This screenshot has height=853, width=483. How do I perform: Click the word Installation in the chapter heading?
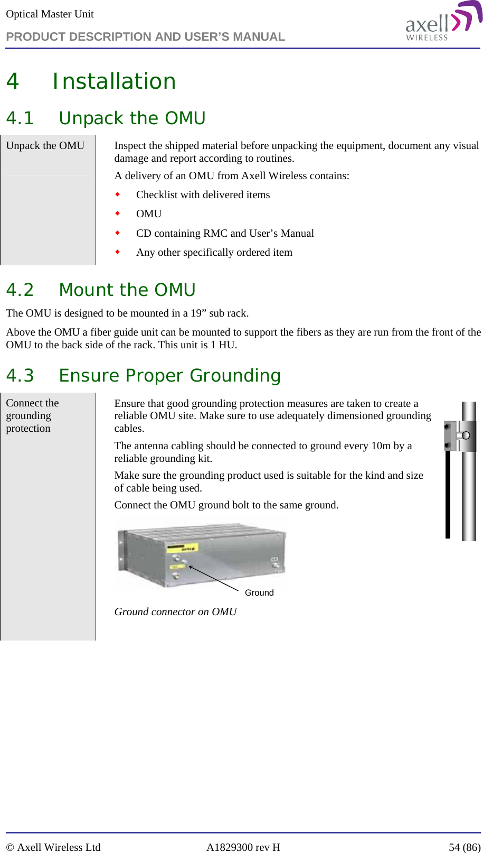click(x=114, y=81)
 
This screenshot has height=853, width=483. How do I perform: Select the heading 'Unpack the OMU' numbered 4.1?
click(x=132, y=118)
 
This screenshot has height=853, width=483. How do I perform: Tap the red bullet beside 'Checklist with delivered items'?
click(x=118, y=194)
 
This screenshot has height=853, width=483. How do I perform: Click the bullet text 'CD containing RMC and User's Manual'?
click(x=225, y=233)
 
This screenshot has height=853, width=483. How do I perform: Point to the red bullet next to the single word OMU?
click(x=118, y=214)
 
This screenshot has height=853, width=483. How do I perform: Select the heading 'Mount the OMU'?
click(x=127, y=290)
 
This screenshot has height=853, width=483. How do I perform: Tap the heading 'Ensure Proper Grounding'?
click(x=169, y=376)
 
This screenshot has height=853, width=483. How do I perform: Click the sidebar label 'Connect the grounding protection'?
click(x=32, y=415)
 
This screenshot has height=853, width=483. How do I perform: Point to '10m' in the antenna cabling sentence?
click(x=381, y=446)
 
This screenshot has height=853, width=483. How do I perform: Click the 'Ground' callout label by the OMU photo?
click(x=259, y=592)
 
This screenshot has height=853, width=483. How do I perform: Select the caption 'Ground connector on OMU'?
click(x=175, y=611)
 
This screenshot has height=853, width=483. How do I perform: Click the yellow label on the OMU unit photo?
click(x=182, y=548)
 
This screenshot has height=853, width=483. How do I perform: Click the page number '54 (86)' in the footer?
click(x=464, y=847)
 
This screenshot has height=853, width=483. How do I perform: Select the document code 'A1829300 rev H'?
click(x=243, y=847)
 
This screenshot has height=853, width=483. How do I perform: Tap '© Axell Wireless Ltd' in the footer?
click(x=53, y=847)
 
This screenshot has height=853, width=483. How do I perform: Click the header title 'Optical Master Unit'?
click(x=50, y=14)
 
